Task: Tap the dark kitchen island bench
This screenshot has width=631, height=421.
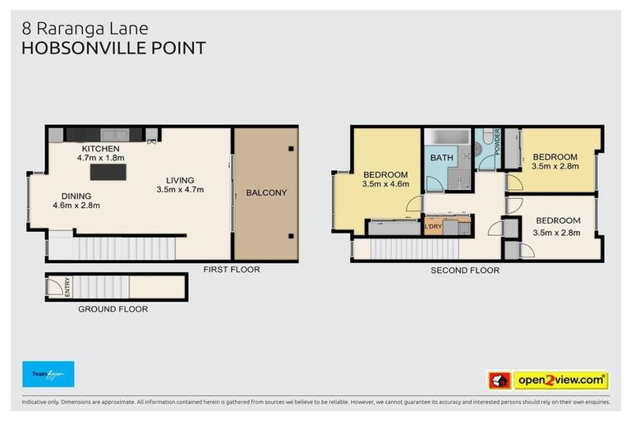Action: tap(108, 172)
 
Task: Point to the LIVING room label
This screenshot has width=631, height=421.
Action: tap(179, 180)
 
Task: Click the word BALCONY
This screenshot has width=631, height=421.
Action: tap(266, 193)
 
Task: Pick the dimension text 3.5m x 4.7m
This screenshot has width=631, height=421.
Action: tap(179, 190)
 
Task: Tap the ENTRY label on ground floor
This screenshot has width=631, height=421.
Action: tap(67, 287)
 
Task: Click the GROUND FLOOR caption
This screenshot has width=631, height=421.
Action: tap(113, 309)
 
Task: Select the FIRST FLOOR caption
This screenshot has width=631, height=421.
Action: tap(232, 269)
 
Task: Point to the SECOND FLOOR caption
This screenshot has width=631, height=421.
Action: tap(465, 270)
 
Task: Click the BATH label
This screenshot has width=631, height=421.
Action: tap(442, 157)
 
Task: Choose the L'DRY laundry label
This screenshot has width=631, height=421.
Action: tap(432, 226)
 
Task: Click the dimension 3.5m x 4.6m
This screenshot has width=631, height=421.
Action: tap(385, 184)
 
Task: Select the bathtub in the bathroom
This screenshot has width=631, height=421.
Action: tap(449, 136)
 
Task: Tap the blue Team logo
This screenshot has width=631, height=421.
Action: tap(48, 374)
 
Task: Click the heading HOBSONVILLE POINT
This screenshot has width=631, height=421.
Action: tap(113, 48)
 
